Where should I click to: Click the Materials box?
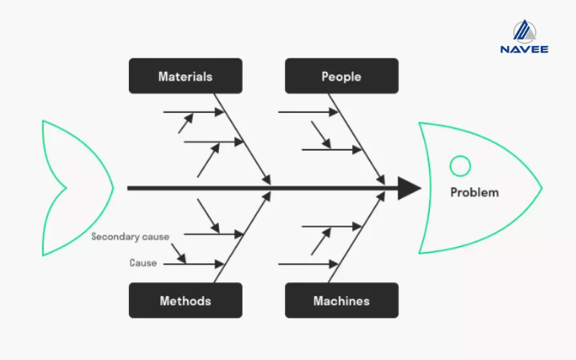click(x=185, y=76)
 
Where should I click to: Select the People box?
click(x=341, y=76)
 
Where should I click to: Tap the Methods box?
click(x=185, y=300)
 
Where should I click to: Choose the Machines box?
click(x=341, y=300)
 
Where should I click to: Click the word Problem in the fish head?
click(x=474, y=192)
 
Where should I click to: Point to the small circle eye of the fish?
click(x=459, y=166)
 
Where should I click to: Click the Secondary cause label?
click(x=130, y=236)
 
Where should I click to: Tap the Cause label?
click(x=143, y=263)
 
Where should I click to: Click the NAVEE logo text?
click(x=524, y=49)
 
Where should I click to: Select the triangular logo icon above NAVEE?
click(x=524, y=30)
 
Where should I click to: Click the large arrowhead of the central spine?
click(x=409, y=189)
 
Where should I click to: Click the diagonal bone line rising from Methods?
click(x=242, y=237)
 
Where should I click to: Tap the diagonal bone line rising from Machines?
click(x=356, y=237)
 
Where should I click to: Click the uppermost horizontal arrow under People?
click(x=307, y=112)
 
